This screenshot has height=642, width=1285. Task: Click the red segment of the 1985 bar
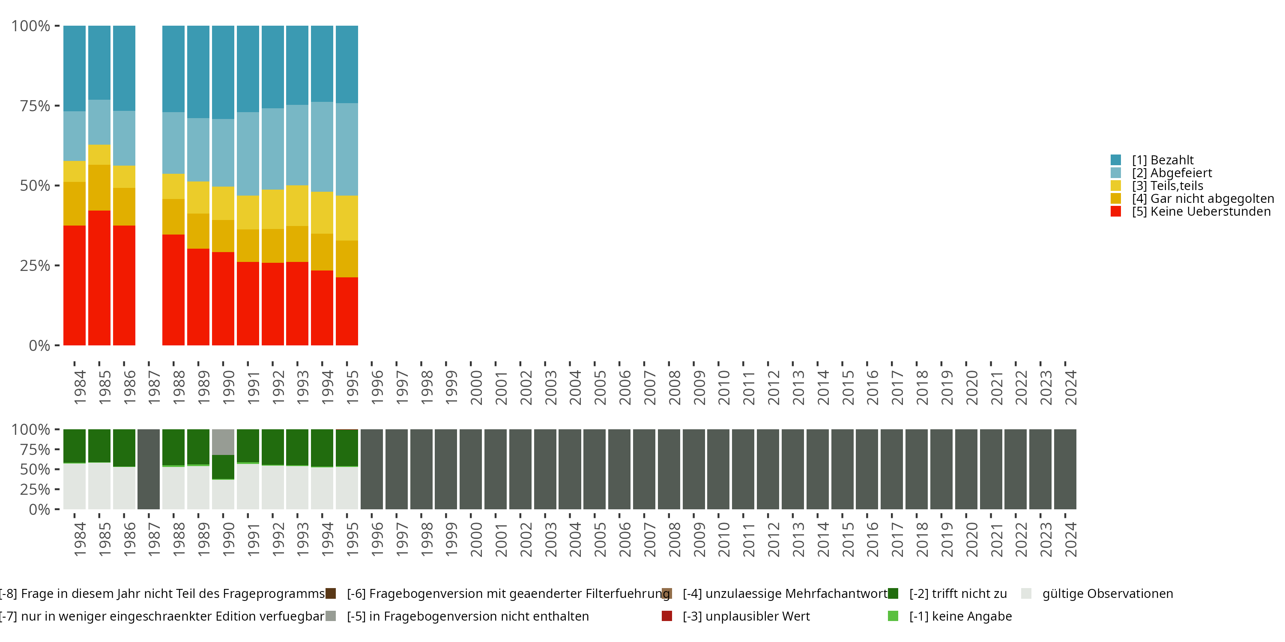coord(99,278)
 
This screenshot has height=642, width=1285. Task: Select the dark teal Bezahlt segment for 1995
coord(347,64)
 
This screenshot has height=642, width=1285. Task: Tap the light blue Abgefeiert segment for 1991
coord(248,154)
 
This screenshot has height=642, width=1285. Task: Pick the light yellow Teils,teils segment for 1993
coord(297,205)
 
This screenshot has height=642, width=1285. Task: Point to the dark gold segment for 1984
coord(75,203)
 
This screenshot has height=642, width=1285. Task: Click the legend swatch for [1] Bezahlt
coord(1116,160)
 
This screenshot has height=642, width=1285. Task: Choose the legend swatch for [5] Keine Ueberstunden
coord(1116,211)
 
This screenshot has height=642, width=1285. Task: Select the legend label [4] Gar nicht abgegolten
coord(1203,199)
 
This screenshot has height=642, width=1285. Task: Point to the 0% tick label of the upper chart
coord(39,345)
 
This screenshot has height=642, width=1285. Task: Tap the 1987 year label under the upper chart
coord(154,387)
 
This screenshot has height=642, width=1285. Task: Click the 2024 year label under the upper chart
coord(1070,387)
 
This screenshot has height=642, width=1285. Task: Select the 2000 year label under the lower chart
coord(476,539)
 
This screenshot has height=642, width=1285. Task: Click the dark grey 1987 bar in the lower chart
coord(149,469)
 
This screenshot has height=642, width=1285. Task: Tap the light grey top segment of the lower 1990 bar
coord(223,442)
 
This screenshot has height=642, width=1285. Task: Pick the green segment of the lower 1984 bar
coord(75,446)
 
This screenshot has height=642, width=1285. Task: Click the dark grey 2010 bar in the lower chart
coord(718,469)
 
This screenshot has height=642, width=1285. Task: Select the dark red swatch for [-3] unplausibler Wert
coord(667,616)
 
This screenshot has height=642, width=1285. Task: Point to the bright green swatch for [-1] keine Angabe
coord(893,616)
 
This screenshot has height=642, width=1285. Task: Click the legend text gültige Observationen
coord(1107,594)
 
